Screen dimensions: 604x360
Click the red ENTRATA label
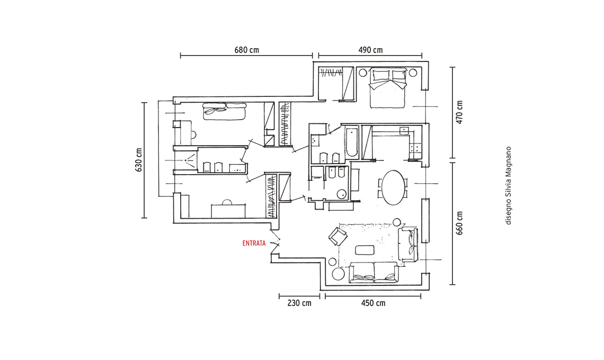(254, 244)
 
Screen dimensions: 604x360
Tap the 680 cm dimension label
(246, 50)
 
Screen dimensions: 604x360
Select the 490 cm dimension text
(370, 50)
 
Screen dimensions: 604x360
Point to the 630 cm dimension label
(139, 160)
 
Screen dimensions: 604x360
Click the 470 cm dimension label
(459, 112)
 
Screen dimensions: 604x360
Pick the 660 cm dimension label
(459, 223)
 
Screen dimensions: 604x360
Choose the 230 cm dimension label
(299, 303)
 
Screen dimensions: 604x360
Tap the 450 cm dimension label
(373, 303)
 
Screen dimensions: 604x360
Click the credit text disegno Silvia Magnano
(509, 185)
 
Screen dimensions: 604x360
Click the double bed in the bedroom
(387, 88)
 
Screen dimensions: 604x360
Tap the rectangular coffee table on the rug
(365, 250)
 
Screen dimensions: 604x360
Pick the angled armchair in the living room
(338, 236)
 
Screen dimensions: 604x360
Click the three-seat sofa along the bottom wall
(373, 273)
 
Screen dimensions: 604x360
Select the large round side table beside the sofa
(339, 274)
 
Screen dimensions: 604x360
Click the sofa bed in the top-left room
(224, 111)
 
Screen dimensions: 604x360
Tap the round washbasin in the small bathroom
(342, 194)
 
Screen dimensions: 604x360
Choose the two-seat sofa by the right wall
(407, 245)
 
